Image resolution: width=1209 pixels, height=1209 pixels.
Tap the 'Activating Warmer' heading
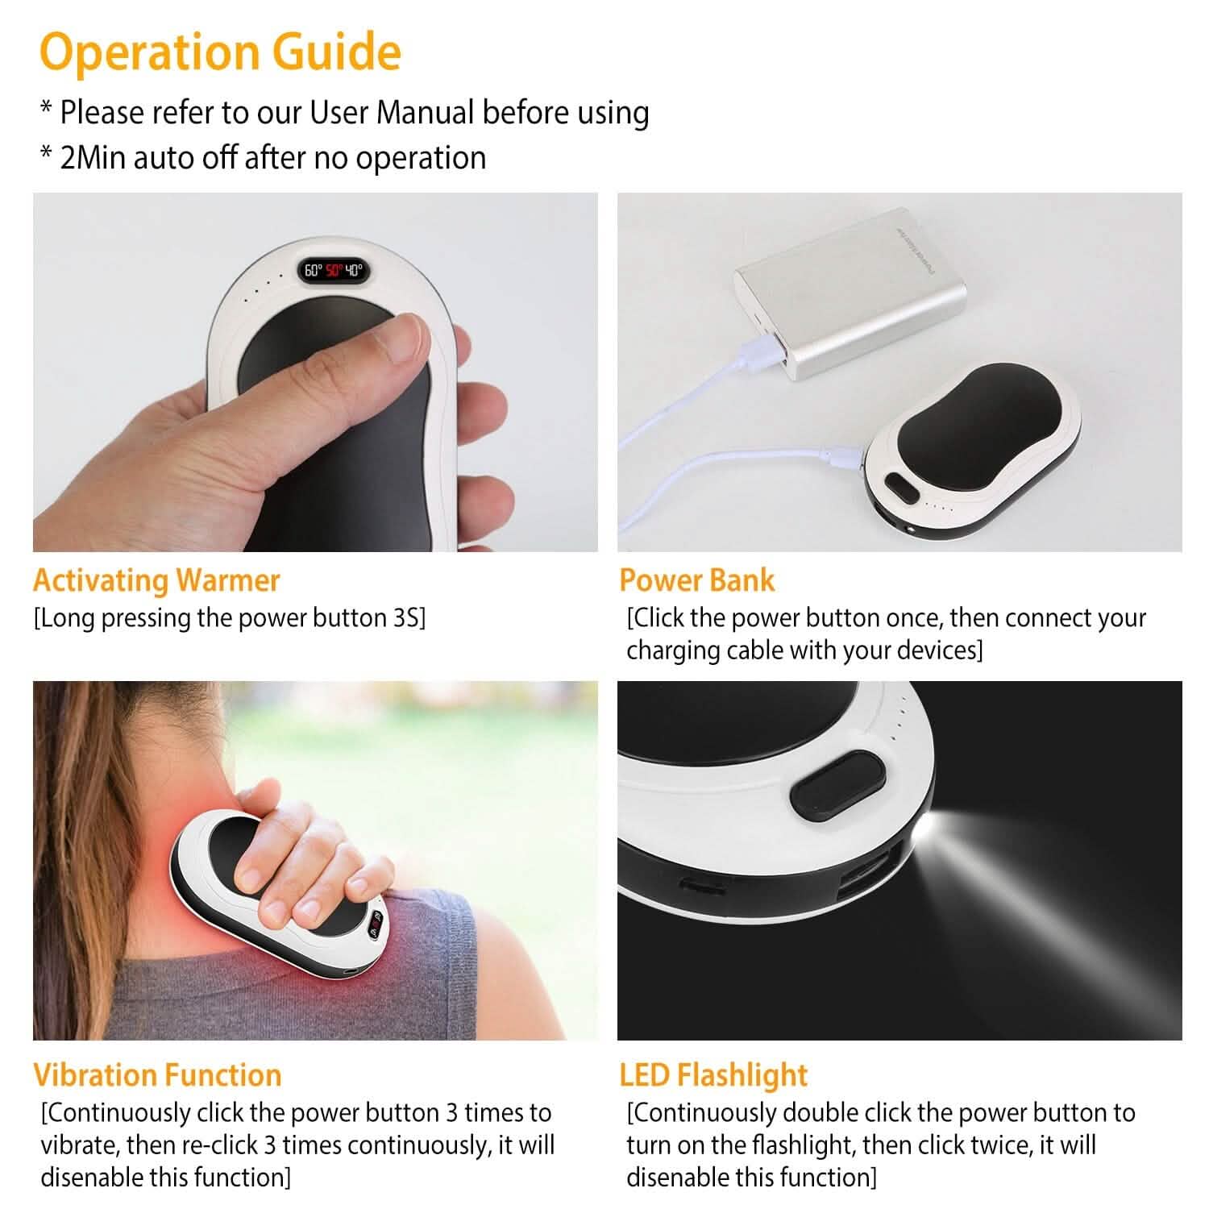tap(156, 580)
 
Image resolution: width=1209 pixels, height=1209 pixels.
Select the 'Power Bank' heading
tap(696, 580)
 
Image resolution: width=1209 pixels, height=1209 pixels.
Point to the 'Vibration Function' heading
tap(157, 1075)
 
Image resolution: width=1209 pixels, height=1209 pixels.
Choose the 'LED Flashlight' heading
tap(713, 1075)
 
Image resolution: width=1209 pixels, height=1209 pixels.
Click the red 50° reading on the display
tap(334, 271)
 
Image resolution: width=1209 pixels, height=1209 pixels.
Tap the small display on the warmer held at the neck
tap(376, 927)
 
